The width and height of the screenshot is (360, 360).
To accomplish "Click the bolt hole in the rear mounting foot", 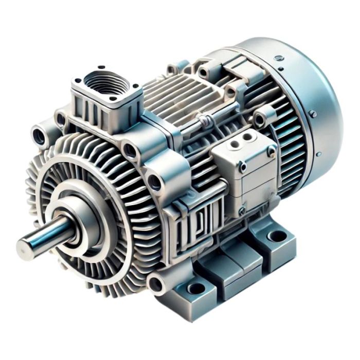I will [x=278, y=236].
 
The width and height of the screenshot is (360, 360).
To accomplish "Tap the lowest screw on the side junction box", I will [x=242, y=210].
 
